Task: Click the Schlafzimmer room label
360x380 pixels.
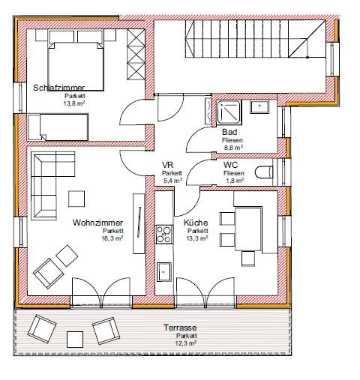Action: pyautogui.click(x=59, y=88)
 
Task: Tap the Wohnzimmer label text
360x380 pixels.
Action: pyautogui.click(x=97, y=223)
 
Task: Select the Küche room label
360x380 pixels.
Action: pyautogui.click(x=196, y=223)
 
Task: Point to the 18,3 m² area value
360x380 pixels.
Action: pyautogui.click(x=112, y=238)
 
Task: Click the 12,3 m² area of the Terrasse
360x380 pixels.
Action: pyautogui.click(x=186, y=343)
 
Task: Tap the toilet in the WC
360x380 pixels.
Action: pyautogui.click(x=264, y=172)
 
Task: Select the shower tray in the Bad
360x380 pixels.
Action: pyautogui.click(x=229, y=112)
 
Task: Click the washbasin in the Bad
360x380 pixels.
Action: pyautogui.click(x=259, y=107)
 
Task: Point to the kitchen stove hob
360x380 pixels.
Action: pyautogui.click(x=164, y=235)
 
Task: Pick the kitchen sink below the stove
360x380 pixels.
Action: pyautogui.click(x=164, y=271)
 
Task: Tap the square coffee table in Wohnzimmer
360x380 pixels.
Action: pyautogui.click(x=76, y=199)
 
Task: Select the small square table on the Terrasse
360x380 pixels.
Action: pyautogui.click(x=75, y=340)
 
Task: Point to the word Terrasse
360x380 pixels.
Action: pyautogui.click(x=180, y=328)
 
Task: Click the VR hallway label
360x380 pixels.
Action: pyautogui.click(x=167, y=165)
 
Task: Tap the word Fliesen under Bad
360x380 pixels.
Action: pyautogui.click(x=232, y=140)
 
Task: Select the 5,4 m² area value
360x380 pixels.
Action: pyautogui.click(x=172, y=181)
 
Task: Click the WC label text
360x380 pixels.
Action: pyautogui.click(x=230, y=165)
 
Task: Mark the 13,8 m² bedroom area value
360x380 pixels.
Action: pyautogui.click(x=74, y=103)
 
